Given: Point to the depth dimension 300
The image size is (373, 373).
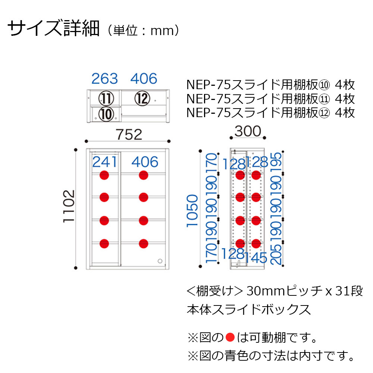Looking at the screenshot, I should (248, 132).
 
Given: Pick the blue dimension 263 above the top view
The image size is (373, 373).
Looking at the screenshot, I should (105, 79).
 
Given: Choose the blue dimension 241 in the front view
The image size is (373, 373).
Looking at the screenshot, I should (105, 162).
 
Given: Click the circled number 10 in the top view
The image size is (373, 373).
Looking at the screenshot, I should (106, 114).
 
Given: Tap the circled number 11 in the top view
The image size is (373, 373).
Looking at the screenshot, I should (106, 98).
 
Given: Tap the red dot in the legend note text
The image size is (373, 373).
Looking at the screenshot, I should (230, 338).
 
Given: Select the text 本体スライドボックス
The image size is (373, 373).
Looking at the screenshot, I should (248, 309).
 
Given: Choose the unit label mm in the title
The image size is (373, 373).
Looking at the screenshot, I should (162, 31).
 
